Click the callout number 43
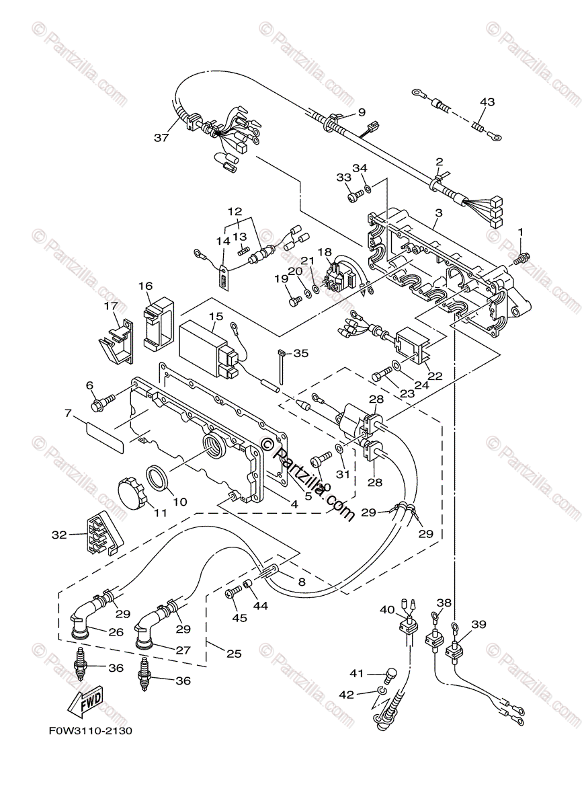click(x=487, y=102)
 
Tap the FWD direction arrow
click(x=85, y=703)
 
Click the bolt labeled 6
click(x=103, y=403)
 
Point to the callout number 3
click(x=438, y=213)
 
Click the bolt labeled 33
click(x=354, y=196)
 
